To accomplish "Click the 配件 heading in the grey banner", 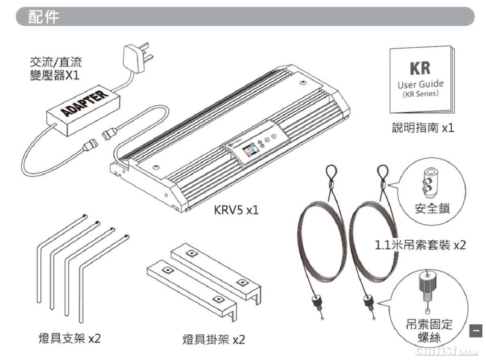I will (x=43, y=17).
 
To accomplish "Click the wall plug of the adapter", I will (x=136, y=58).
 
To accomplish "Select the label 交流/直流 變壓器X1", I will (x=55, y=68).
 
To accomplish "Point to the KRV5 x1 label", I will (x=236, y=211).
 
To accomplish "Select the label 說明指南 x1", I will (x=423, y=128).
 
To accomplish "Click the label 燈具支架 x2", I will (x=69, y=338).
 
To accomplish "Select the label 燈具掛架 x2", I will (x=213, y=339).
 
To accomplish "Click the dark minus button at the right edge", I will (x=476, y=330).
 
